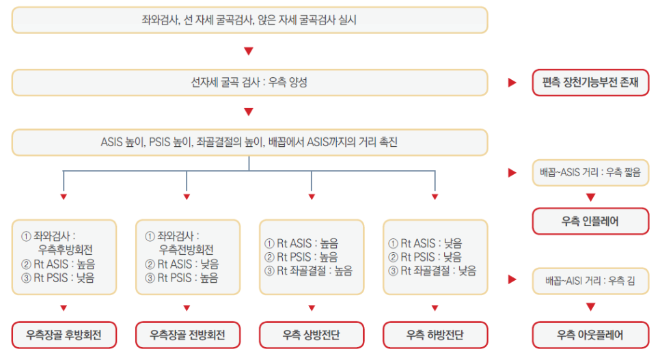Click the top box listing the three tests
pyautogui.click(x=249, y=20)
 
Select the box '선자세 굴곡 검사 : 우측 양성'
pyautogui.click(x=249, y=83)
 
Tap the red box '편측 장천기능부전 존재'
pyautogui.click(x=590, y=83)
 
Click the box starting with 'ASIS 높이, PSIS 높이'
pyautogui.click(x=249, y=143)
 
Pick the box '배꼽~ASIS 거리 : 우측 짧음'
pyautogui.click(x=590, y=173)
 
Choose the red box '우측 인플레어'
pyautogui.click(x=590, y=221)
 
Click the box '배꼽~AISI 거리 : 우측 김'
pyautogui.click(x=590, y=280)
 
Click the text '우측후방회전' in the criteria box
pyautogui.click(x=66, y=249)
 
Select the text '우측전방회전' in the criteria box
pyautogui.click(x=187, y=249)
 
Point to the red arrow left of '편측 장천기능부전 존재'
pyautogui.click(x=512, y=83)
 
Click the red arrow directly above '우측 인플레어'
pyautogui.click(x=590, y=197)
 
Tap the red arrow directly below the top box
pyautogui.click(x=249, y=51)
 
